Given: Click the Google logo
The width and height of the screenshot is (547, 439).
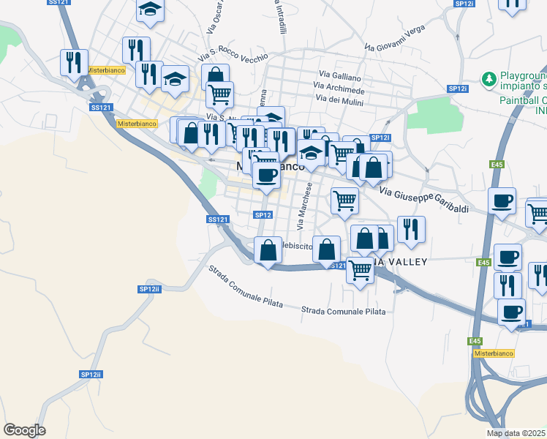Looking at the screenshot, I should coord(24,430).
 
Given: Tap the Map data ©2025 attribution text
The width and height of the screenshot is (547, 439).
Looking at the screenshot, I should coord(516,433).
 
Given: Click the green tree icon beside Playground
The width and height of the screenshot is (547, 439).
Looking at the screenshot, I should coord(488,77).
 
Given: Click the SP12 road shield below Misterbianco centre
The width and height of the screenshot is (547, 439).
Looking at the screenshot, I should coord(263,214).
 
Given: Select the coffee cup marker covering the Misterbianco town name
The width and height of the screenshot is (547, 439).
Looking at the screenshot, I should coord(266,175).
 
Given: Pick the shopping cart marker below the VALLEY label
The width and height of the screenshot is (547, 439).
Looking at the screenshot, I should coord(360,270).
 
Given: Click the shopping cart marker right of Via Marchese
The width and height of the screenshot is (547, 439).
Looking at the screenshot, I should coord(344,200).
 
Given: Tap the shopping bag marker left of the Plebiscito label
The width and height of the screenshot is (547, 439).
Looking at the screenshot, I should coord(268,249).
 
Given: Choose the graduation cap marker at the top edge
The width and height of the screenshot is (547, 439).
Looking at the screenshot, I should coord(150,10).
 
